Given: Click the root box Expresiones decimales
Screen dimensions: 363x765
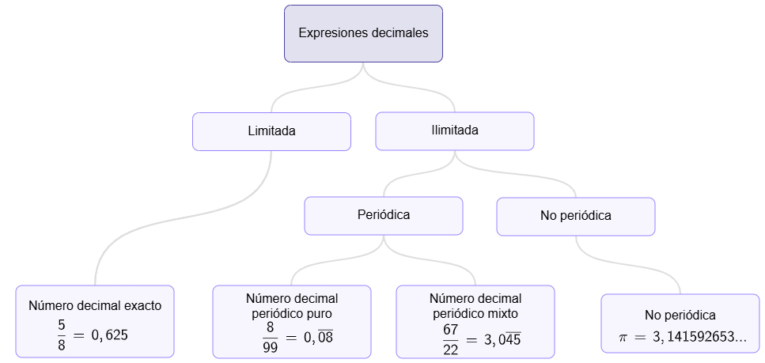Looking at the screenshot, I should click(x=363, y=33).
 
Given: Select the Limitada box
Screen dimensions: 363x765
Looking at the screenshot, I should click(x=271, y=131).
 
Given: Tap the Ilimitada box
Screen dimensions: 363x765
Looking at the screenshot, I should click(x=454, y=130).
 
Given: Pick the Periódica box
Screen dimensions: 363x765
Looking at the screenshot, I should click(x=383, y=215).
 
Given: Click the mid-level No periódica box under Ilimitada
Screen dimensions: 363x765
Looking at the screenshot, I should click(x=575, y=215).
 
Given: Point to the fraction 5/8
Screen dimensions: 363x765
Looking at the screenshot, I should click(x=62, y=335).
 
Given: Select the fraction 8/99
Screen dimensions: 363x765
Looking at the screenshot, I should click(x=270, y=338).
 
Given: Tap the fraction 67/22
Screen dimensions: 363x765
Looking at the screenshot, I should click(x=451, y=339).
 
